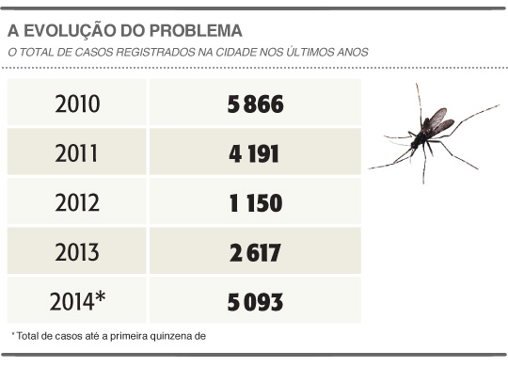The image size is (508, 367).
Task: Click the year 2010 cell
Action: point(77,103)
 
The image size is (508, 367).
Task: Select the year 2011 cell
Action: point(77,152)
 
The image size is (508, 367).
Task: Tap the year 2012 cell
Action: point(77,202)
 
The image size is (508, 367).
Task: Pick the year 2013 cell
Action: point(77,252)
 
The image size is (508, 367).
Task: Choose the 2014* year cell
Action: point(77,302)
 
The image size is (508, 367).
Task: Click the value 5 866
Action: point(255,103)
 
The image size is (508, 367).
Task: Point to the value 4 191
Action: point(255,152)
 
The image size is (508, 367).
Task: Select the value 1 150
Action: point(255,202)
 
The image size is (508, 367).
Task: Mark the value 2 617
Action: point(255,252)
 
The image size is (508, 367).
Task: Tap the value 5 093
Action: point(255,302)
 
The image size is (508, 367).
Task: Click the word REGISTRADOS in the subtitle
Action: point(155,51)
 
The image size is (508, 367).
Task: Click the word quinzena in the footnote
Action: point(168,335)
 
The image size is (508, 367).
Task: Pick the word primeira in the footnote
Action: point(126,335)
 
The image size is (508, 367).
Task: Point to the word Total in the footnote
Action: point(29,335)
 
